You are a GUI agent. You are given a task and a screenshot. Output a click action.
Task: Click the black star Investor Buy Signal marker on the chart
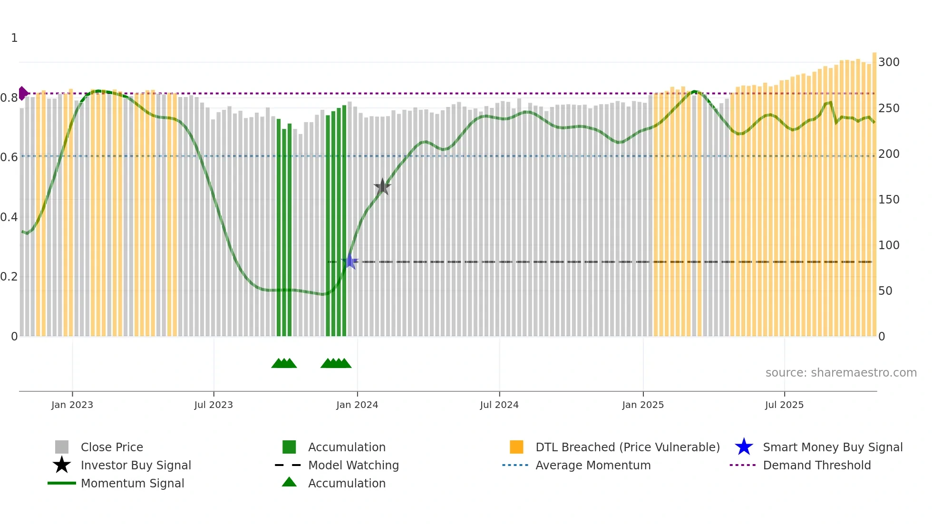click(x=382, y=187)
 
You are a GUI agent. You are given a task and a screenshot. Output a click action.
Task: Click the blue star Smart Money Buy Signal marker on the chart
click(x=350, y=262)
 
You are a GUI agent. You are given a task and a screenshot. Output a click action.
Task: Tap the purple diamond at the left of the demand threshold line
click(x=22, y=93)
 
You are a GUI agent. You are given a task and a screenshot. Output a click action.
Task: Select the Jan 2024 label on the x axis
click(x=357, y=405)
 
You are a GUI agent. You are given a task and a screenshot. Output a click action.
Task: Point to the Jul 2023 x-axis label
click(x=214, y=405)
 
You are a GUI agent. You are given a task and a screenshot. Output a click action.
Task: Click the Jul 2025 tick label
click(x=784, y=405)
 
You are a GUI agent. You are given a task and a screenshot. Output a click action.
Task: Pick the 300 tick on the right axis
click(x=889, y=62)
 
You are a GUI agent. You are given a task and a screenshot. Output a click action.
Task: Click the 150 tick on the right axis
click(x=889, y=200)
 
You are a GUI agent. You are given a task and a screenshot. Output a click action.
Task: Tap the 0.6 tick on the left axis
click(x=9, y=157)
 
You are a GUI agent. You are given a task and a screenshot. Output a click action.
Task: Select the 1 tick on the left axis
click(x=14, y=38)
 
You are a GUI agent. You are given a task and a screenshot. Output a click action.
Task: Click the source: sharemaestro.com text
click(x=841, y=373)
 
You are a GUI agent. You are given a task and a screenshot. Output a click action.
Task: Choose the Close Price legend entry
click(x=112, y=447)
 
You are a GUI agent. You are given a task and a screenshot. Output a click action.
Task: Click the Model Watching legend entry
click(x=353, y=466)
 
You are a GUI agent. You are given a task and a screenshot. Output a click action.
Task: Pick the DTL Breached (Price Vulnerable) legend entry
click(x=627, y=447)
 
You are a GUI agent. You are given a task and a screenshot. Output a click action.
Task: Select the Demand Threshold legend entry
click(x=816, y=466)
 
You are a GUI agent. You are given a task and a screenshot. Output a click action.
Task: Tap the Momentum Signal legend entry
click(x=132, y=484)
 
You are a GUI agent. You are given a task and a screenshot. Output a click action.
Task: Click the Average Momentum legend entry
click(x=592, y=466)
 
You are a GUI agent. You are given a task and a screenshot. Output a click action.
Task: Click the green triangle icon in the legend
click(x=289, y=482)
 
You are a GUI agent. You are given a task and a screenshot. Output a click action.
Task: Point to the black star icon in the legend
click(x=62, y=465)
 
